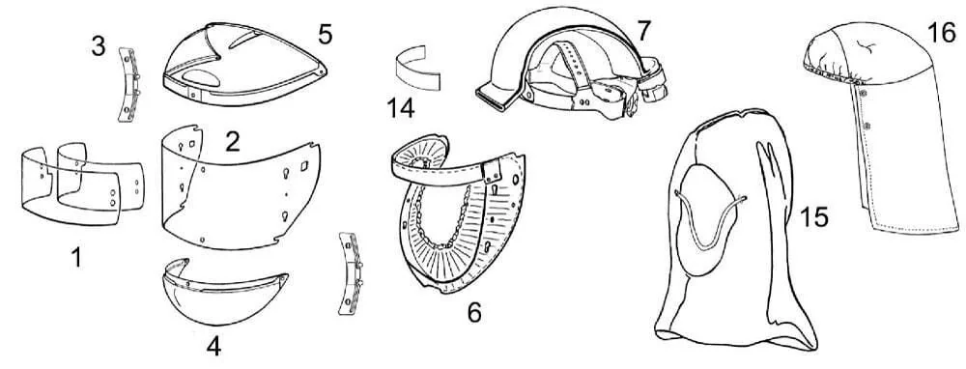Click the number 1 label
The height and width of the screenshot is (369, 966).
[76, 258]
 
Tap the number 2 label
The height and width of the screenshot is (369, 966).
[232, 142]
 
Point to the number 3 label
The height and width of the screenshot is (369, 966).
[99, 46]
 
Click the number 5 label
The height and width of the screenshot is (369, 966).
[326, 34]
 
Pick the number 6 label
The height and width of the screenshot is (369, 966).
[473, 313]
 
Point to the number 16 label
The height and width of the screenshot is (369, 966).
[941, 32]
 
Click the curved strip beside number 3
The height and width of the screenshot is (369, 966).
[128, 84]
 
